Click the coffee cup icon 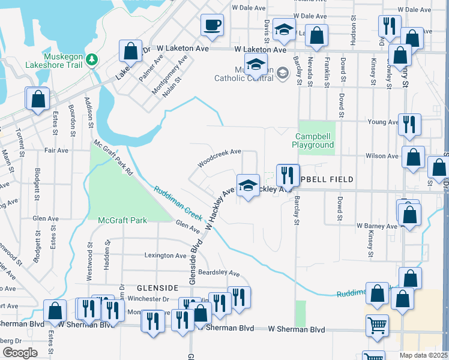(212, 25)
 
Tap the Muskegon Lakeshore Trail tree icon (91, 59)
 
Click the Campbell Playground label (313, 141)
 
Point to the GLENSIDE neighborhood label (158, 288)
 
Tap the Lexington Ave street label (166, 256)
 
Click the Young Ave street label (384, 122)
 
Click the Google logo (20, 353)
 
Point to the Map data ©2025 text (423, 355)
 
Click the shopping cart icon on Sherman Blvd (378, 326)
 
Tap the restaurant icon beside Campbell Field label (288, 175)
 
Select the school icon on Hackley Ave (248, 185)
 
